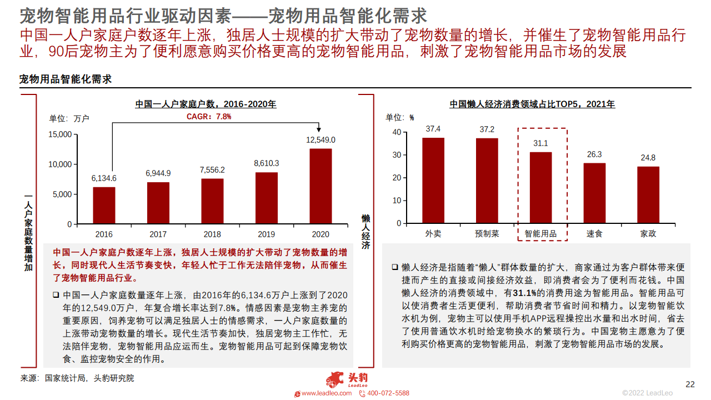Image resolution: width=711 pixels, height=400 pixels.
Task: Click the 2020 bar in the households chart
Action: point(321,186)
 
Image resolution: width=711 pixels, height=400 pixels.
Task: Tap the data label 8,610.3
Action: point(266,163)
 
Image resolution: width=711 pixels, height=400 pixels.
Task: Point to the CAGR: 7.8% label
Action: point(208,117)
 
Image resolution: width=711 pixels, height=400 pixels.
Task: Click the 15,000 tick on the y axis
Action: point(60,134)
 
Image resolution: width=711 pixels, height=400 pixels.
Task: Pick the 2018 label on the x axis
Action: point(212,234)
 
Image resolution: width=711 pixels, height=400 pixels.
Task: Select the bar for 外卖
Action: point(433,181)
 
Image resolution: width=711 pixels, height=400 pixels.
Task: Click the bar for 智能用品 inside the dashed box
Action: point(540,187)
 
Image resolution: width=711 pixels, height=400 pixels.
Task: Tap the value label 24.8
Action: point(648,158)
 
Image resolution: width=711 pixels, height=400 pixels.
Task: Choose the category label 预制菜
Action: point(487,234)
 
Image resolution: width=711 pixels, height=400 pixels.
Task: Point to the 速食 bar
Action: point(594,193)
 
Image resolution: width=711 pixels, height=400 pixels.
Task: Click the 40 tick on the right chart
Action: point(397,132)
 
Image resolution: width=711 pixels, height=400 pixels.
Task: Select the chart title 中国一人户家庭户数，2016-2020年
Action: point(206,104)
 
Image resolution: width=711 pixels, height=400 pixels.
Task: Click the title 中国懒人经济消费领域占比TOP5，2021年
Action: point(532,104)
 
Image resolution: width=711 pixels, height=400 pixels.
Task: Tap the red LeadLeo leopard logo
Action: point(335,381)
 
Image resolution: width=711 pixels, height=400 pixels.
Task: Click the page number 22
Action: point(690,384)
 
